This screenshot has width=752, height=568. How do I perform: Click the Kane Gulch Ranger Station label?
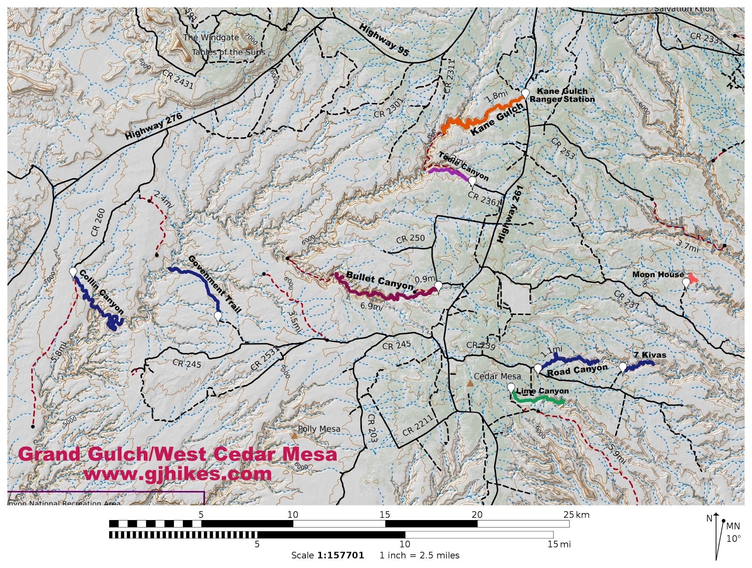coord(562,95)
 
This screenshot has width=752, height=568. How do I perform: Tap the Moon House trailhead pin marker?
coord(686,283)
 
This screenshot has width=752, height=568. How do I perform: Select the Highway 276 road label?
coord(153,126)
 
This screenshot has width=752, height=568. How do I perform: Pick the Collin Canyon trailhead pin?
coord(73,272)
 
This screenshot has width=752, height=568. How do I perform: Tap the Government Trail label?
coord(214,284)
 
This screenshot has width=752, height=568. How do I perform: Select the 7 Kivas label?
coord(650,355)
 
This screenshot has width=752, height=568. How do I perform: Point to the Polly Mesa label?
coord(319,429)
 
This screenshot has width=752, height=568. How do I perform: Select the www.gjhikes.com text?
coord(178,473)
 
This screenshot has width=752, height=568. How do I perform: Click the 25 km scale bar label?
coord(576,514)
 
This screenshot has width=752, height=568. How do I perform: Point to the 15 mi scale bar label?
coord(559,544)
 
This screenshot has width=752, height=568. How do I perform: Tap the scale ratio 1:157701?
coord(340,555)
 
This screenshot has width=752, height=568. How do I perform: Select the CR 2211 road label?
coord(417,426)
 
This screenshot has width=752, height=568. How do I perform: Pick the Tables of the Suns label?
coord(228,52)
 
